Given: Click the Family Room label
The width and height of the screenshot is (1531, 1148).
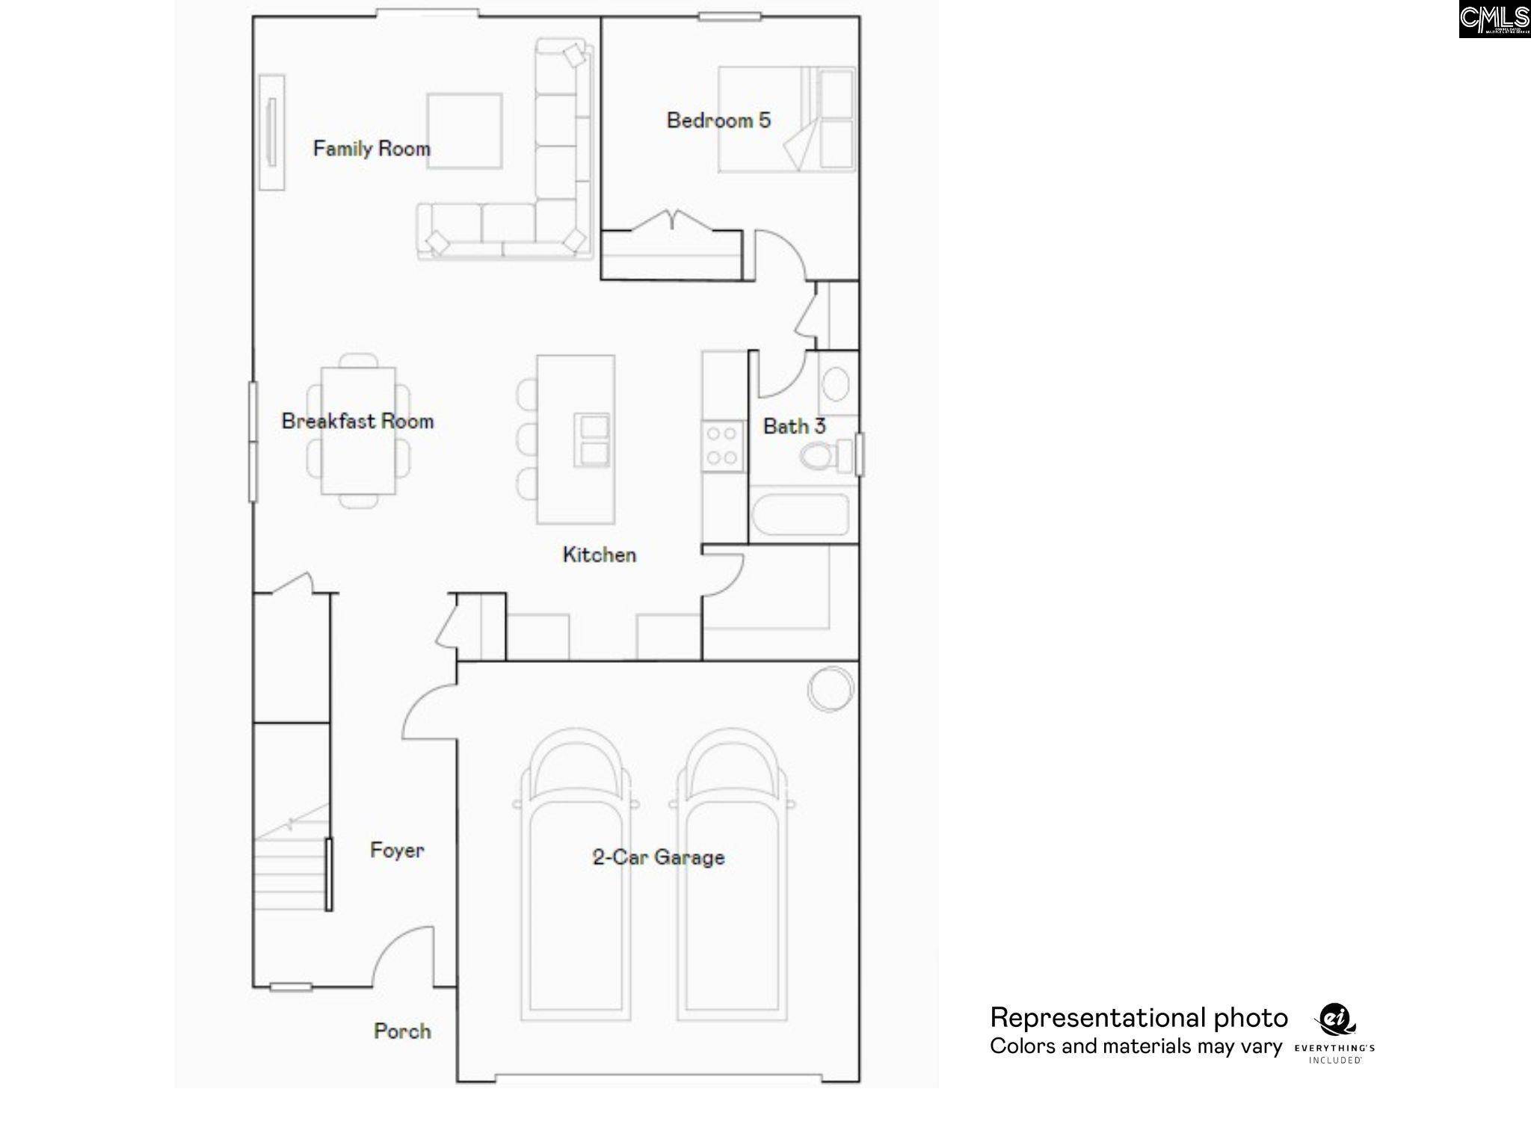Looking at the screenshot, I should tap(372, 149).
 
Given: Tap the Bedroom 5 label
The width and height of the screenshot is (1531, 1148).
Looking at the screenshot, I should tap(718, 120).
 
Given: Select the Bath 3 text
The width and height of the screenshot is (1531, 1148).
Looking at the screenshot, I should tap(793, 427).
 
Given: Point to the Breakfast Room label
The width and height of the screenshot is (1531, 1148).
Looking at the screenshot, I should tap(357, 422).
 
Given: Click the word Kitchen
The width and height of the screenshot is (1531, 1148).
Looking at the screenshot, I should tap(599, 555).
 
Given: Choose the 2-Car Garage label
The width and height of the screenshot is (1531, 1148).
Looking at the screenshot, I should tap(658, 857).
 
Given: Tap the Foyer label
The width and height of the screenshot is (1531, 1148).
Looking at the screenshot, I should tap(397, 851).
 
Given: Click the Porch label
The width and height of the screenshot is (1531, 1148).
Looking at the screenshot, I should tap(402, 1031).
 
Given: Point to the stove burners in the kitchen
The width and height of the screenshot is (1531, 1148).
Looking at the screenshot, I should tap(722, 446).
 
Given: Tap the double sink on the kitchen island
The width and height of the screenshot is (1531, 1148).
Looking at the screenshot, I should tap(591, 440).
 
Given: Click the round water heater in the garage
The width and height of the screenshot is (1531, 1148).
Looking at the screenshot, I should tap(830, 688).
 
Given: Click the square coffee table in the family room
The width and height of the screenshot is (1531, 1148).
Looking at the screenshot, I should tap(464, 132).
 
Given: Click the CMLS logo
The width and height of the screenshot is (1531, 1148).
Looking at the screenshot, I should tap(1494, 19).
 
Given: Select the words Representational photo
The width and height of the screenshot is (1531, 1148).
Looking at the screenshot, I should tap(1139, 1018).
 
